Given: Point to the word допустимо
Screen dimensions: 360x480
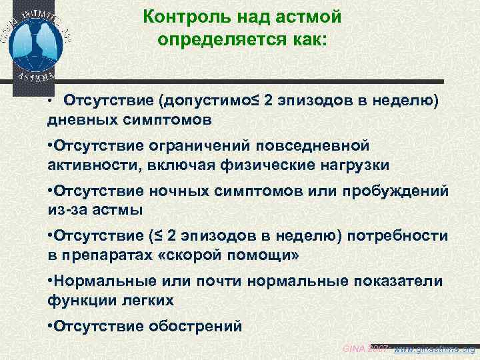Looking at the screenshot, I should click(207, 101).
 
